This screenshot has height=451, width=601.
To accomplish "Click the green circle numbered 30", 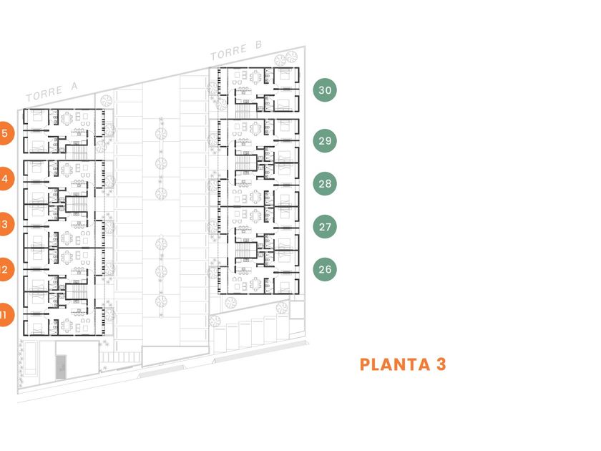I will point(325,90).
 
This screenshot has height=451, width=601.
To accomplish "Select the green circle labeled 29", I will point(325,140).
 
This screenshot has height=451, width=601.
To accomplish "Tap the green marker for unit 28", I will point(325,183).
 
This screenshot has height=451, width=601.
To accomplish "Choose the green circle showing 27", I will point(325,227).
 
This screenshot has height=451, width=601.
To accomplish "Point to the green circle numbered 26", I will point(325,270).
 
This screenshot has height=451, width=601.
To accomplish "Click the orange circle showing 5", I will point(4,133).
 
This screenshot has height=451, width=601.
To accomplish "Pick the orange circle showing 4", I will point(4,179).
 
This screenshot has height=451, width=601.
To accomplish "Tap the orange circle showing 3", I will point(4,224).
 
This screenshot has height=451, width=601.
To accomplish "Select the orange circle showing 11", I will point(4,314).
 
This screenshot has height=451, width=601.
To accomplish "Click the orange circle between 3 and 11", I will point(4,270).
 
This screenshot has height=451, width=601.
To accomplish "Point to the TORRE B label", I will point(237,51).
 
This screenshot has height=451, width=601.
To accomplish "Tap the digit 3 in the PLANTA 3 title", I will point(441,364).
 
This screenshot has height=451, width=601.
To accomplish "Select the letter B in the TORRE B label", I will point(258,47).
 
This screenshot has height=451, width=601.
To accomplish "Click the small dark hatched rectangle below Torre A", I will point(60,367).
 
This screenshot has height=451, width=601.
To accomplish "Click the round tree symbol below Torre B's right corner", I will point(281,309).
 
